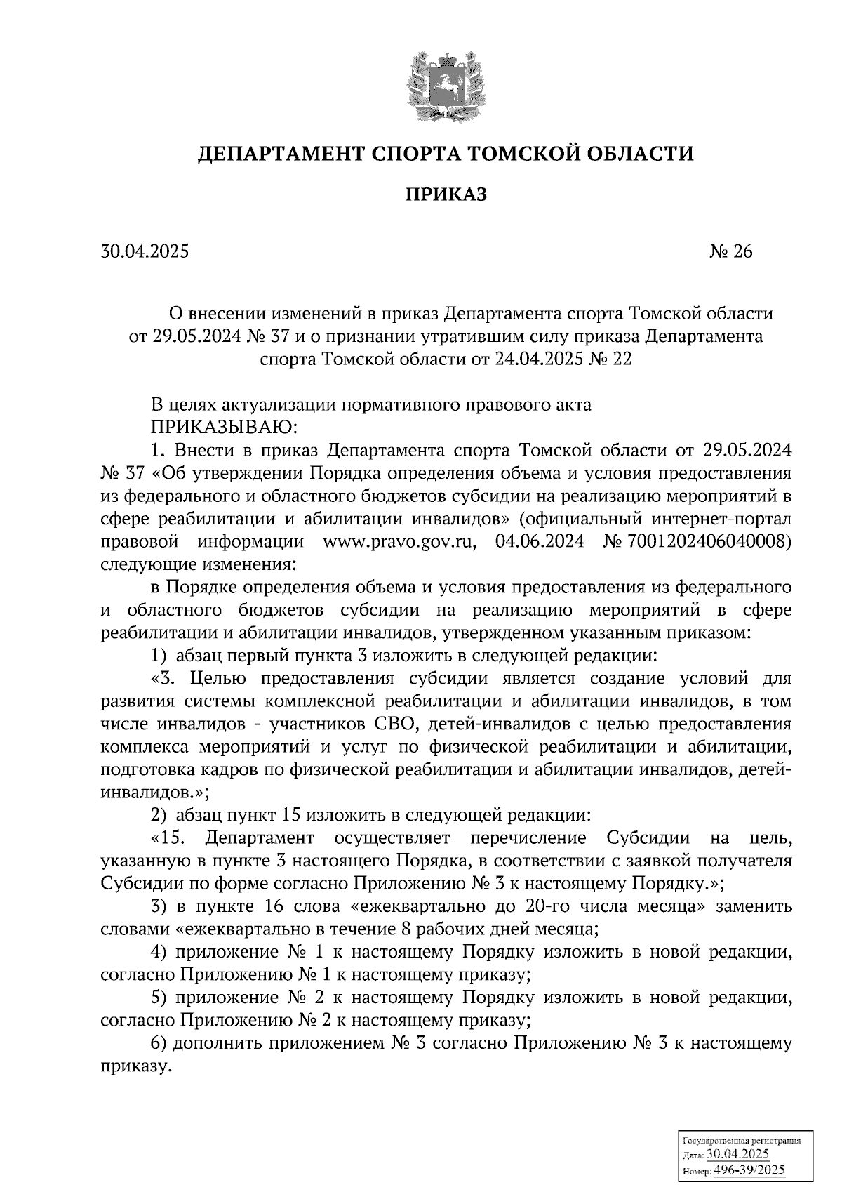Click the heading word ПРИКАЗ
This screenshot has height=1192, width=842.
445,194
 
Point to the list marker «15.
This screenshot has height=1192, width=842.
168,837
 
